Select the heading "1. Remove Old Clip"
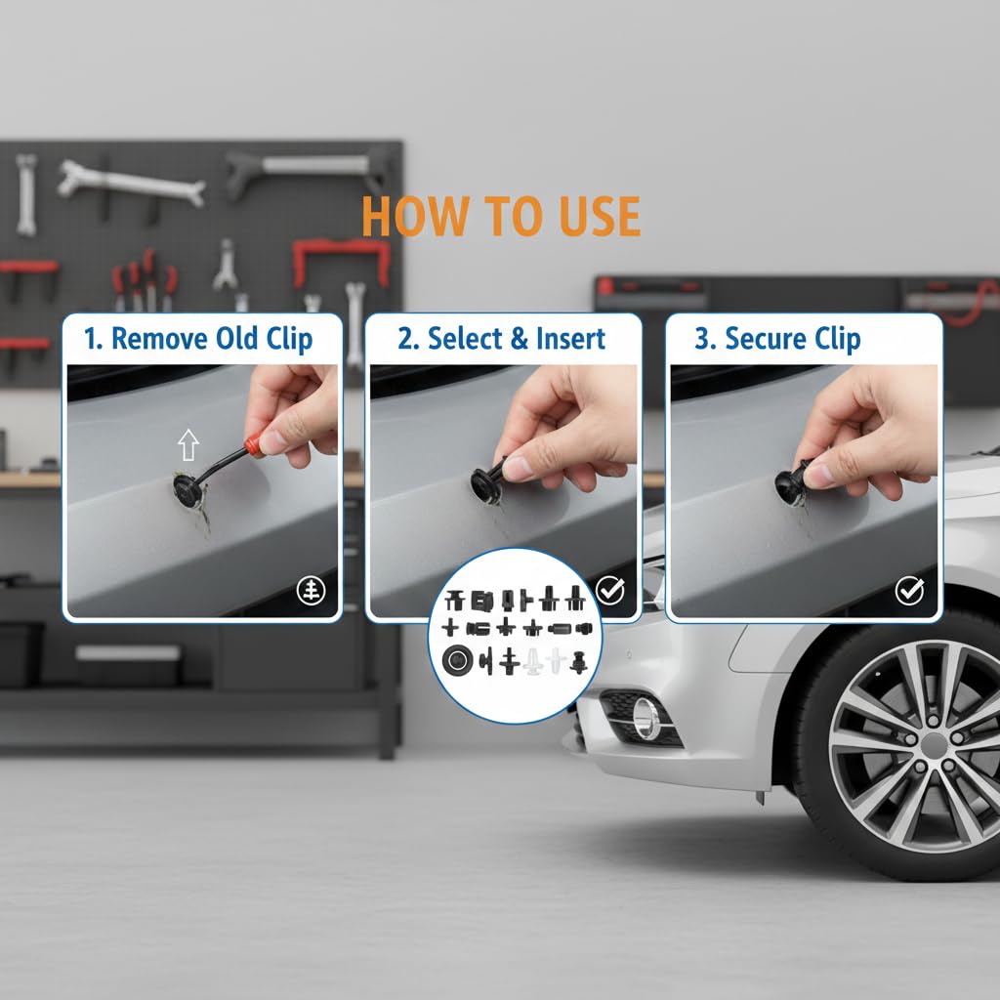click(198, 339)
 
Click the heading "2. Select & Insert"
click(502, 339)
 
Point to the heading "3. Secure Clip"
click(777, 339)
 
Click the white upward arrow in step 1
click(188, 446)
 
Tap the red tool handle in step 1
click(253, 445)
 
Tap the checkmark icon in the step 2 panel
click(610, 591)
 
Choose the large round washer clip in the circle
click(456, 661)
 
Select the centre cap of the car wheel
click(934, 745)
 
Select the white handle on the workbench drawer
click(128, 652)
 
